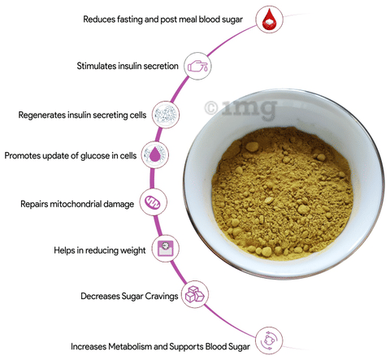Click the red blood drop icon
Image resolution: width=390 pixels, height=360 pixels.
[x=269, y=20]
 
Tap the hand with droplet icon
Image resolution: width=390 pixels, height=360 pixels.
[x=197, y=66]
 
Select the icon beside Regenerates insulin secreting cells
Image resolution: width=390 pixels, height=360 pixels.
[x=166, y=115]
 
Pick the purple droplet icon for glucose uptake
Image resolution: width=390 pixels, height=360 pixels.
[x=154, y=155]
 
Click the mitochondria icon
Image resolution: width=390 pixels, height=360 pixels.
[x=153, y=202]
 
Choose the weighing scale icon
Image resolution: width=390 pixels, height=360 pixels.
[x=166, y=249]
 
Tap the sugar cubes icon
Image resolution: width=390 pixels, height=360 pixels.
[x=194, y=294]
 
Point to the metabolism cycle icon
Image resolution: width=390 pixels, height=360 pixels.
[x=269, y=340]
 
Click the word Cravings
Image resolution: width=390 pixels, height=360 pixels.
[x=162, y=296]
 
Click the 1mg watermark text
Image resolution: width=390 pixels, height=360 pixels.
[x=249, y=108]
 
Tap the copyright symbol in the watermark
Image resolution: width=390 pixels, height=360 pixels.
[x=211, y=108]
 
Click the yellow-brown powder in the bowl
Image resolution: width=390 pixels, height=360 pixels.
[x=282, y=193]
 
